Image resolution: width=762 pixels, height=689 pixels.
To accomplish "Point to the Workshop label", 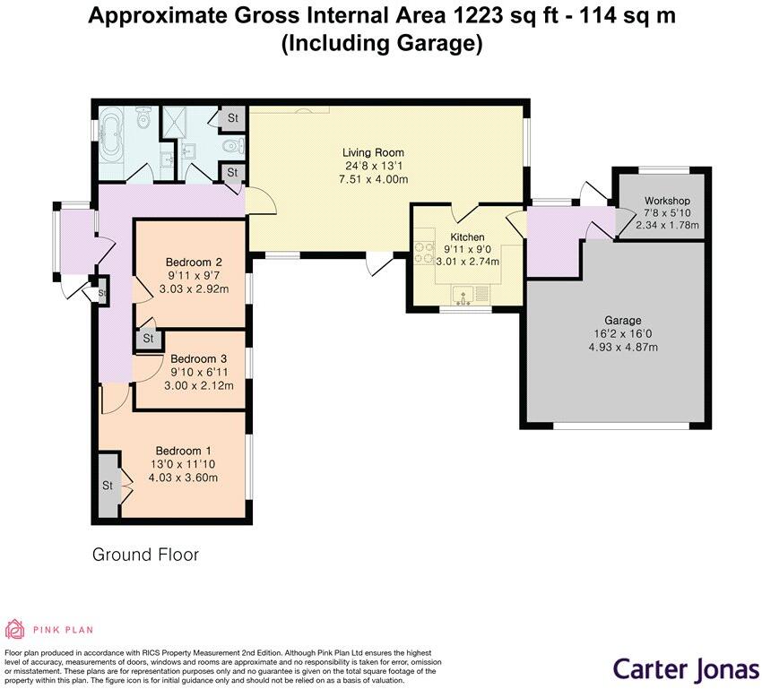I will pos(667,199).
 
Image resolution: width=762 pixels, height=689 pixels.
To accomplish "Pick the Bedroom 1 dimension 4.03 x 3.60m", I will pos(184,478).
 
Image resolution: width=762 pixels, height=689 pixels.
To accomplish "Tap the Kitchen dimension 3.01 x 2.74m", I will pos(468,262).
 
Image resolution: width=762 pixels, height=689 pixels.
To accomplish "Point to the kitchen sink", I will pos(465,295).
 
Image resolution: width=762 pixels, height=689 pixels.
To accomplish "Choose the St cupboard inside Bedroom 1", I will pos(107,486).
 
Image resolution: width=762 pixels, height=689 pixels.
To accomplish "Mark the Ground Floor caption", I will pos(145,555).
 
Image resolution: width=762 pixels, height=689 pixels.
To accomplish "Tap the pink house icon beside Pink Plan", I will pos(15,629).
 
